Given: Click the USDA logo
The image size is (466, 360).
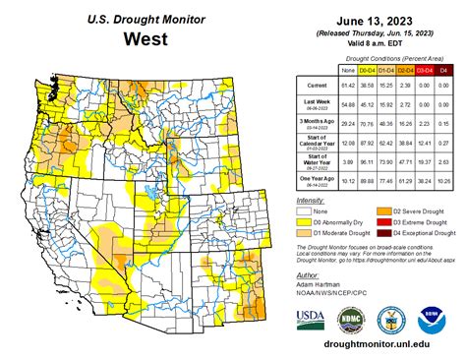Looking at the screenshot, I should (x=310, y=318).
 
